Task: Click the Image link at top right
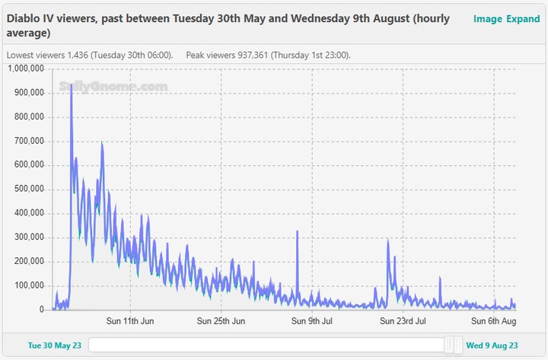point(487,18)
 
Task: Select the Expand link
point(523,18)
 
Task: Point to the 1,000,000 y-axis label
point(27,68)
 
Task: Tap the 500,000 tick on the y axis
point(30,190)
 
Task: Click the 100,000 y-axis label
point(30,285)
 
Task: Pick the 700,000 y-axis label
point(30,141)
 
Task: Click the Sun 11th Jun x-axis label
point(130,321)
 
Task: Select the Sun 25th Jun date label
point(221,321)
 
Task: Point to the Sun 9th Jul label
point(312,321)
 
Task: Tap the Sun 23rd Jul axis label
point(403,321)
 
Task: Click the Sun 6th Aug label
point(494,321)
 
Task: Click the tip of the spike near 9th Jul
point(297,231)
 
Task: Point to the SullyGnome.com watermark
point(113,88)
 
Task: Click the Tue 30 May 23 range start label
point(55,345)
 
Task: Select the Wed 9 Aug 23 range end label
point(492,345)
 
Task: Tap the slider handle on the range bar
point(454,345)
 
